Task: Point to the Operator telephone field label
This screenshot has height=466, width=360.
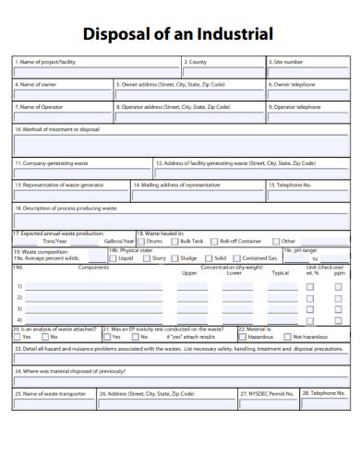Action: click(x=296, y=106)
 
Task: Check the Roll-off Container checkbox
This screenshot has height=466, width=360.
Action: click(x=214, y=241)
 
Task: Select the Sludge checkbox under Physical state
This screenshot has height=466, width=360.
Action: click(x=174, y=258)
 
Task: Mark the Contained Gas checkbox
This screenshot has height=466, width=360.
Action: click(x=238, y=258)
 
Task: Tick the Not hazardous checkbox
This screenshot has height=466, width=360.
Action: click(x=288, y=337)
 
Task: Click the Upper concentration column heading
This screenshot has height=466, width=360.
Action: click(x=189, y=273)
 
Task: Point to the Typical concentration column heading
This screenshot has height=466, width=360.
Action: click(x=281, y=273)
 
